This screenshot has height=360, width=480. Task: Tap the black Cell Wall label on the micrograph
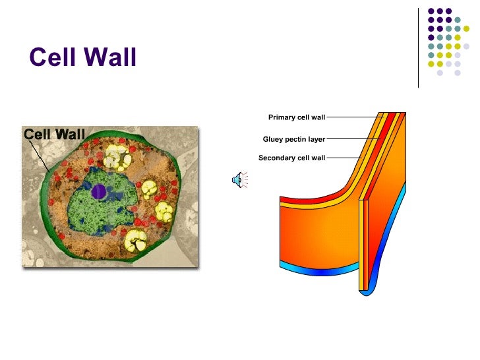[55, 135]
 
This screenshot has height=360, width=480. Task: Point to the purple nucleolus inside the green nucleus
[99, 191]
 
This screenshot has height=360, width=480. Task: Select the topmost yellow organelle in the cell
[117, 157]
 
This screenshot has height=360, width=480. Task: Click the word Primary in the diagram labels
[282, 118]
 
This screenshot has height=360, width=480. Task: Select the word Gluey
[274, 140]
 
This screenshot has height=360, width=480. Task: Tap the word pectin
[297, 140]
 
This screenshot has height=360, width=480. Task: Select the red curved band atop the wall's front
[310, 198]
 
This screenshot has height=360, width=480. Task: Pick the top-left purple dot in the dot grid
[432, 11]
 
